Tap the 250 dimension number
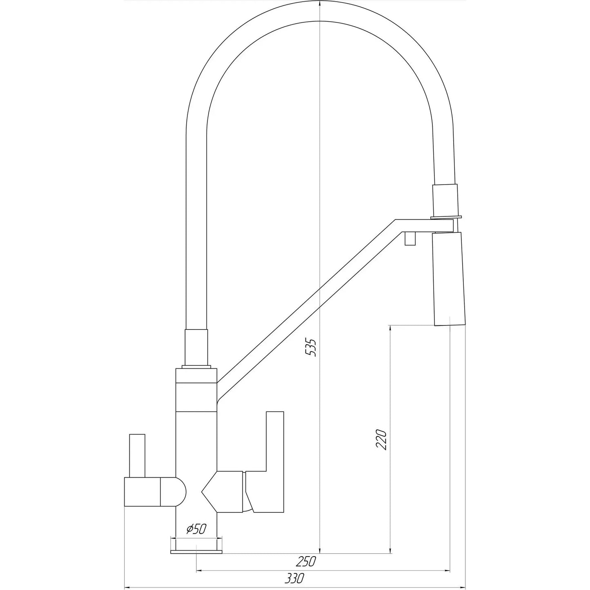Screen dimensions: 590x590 point(306,562)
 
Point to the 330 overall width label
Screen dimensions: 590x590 point(294,578)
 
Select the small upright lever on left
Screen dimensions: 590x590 point(137,455)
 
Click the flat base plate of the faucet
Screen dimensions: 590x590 point(196,552)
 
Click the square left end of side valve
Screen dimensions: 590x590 point(142,492)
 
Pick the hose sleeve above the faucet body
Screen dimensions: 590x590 point(197,347)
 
